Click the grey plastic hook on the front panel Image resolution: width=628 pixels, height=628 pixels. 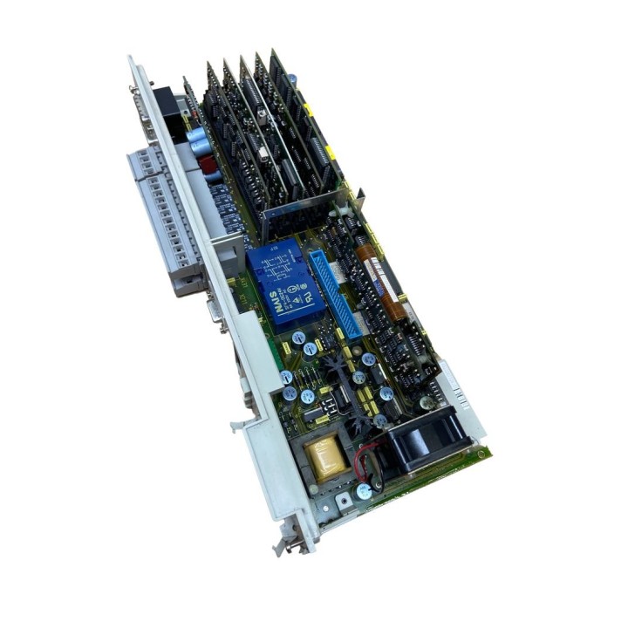pyautogui.click(x=238, y=427)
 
